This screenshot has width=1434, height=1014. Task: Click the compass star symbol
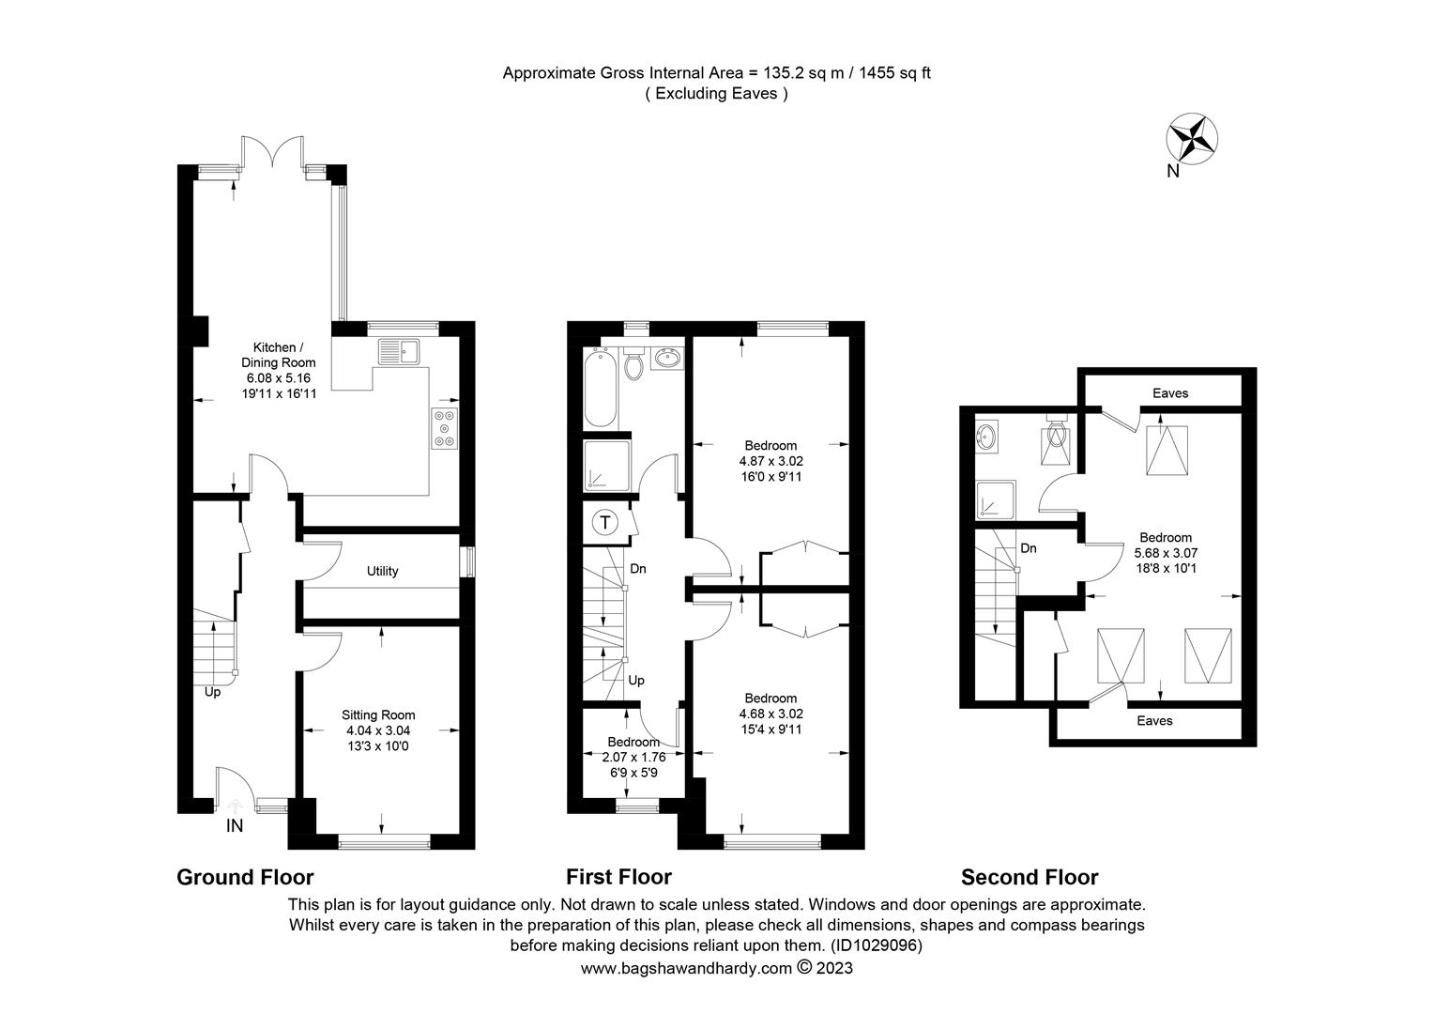[x=1191, y=139]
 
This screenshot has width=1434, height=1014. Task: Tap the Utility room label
[x=382, y=571]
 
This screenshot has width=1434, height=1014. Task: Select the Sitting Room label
[x=377, y=714]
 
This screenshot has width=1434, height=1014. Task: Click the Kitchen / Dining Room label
[x=279, y=355]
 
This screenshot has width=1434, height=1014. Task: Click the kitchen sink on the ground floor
[x=399, y=351]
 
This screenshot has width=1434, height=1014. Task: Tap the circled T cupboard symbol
[x=605, y=523]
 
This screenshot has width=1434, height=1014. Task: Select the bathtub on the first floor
[x=601, y=388]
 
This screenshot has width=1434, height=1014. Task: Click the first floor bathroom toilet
[x=633, y=363]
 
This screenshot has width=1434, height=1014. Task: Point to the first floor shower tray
[x=606, y=465]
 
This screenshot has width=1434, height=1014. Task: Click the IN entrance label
[x=235, y=825]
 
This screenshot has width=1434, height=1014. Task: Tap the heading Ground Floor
[x=245, y=877]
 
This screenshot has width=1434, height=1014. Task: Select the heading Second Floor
[x=1030, y=877]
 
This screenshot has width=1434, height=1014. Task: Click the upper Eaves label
[x=1170, y=393]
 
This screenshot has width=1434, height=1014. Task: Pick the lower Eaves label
[x=1155, y=721]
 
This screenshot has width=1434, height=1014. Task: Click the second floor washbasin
[x=985, y=437]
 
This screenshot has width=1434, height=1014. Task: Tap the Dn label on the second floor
[x=1029, y=548]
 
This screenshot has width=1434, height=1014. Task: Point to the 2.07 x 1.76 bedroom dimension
[x=633, y=757]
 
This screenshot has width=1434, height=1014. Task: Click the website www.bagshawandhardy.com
[x=686, y=968]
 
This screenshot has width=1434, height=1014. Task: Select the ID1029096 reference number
[x=877, y=945]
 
